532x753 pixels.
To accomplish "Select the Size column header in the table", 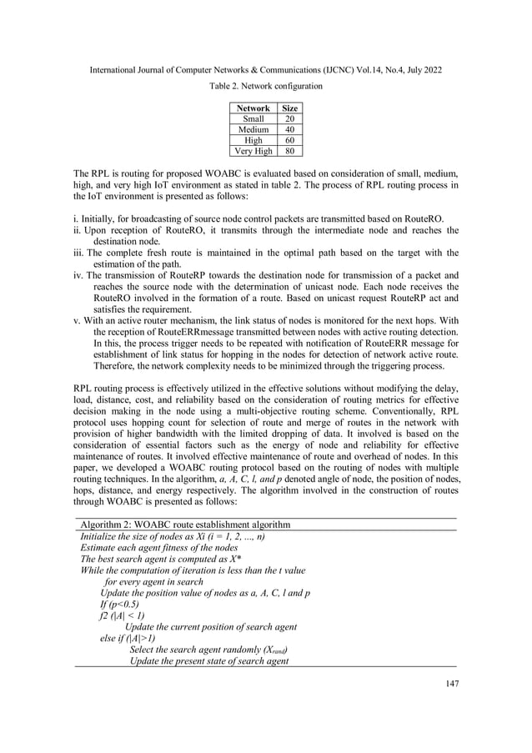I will tap(290, 108).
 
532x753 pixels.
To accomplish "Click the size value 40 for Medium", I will tap(290, 130).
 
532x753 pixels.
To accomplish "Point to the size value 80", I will tap(290, 152).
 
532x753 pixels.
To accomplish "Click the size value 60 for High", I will tap(290, 141).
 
